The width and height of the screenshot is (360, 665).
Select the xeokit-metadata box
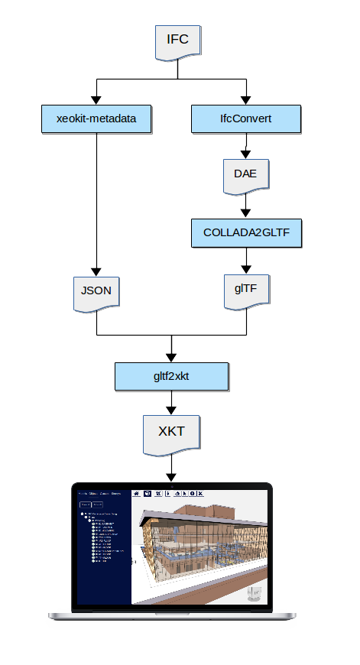tap(96, 118)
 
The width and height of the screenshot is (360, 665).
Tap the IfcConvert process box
tap(246, 118)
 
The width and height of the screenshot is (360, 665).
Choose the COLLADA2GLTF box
tap(246, 233)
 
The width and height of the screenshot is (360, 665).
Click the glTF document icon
tap(246, 291)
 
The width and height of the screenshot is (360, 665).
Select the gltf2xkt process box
tap(171, 376)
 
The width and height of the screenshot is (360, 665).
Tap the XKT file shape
tap(171, 433)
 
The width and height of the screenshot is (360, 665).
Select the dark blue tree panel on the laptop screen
tap(101, 550)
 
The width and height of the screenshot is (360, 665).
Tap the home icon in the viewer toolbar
tap(137, 494)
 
